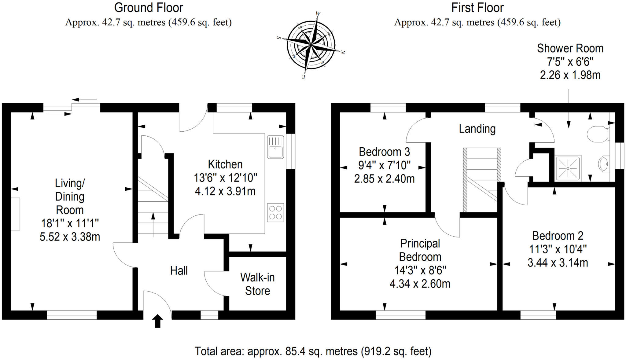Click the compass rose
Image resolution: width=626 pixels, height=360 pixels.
(x=311, y=45)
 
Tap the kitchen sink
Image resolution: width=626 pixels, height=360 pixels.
(x=275, y=147)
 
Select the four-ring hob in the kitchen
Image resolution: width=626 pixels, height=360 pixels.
(x=275, y=212)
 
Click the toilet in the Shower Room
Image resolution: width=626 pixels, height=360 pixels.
(x=598, y=134)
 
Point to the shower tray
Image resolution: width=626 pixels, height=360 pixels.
(x=568, y=168)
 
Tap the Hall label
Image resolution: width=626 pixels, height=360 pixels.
(x=179, y=271)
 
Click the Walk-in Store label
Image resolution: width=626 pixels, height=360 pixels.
(x=257, y=284)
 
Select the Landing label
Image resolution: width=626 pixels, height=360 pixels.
(x=477, y=129)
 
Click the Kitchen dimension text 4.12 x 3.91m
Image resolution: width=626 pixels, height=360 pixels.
(x=225, y=191)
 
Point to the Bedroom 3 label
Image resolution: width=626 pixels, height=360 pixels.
(x=384, y=152)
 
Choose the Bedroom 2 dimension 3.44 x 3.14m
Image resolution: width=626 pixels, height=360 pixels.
(x=558, y=263)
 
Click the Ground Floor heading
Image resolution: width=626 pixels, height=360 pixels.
(x=149, y=8)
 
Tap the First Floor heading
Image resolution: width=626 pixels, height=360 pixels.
(x=477, y=8)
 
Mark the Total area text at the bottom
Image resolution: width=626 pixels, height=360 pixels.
(x=313, y=351)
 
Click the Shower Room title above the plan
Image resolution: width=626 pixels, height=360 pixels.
(x=570, y=48)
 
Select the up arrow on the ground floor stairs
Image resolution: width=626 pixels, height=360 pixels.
(x=153, y=225)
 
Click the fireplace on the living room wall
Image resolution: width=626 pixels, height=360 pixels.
(x=16, y=214)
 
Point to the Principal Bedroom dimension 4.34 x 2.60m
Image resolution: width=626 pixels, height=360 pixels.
(x=420, y=284)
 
